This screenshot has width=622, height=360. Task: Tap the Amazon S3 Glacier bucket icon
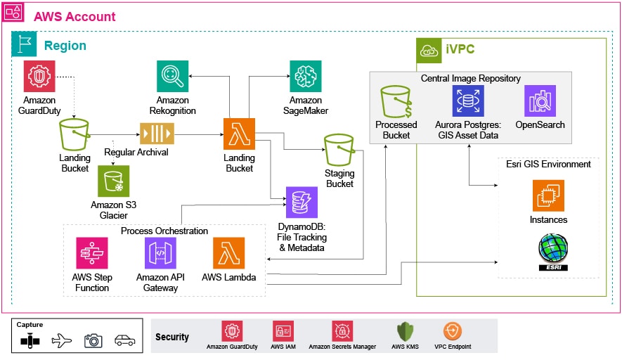113,181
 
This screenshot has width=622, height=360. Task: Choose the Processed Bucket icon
396,101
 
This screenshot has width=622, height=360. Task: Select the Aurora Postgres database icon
467,101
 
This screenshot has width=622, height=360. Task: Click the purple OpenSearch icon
540,101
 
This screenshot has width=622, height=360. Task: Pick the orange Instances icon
548,195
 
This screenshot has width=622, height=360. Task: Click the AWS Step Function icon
91,253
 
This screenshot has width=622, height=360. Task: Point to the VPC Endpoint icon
453,331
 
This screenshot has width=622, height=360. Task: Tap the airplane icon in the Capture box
62,340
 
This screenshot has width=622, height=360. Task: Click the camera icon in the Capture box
93,340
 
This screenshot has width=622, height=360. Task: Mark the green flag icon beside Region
22,46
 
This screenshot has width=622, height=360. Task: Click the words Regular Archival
136,152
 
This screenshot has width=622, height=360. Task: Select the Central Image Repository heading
470,78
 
